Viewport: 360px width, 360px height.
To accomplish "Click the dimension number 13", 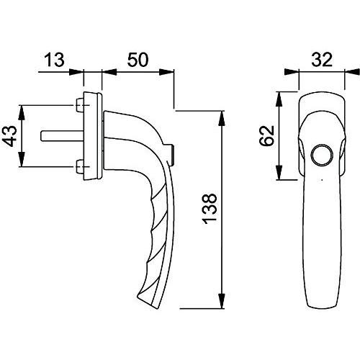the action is (54, 60).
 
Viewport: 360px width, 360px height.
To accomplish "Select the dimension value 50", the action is (138, 60).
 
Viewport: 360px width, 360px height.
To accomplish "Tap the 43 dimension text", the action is (11, 136).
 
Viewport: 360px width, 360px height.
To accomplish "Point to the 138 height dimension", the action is (210, 209).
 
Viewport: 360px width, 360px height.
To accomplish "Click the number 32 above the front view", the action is (322, 60).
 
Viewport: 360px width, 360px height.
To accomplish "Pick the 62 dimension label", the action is (266, 135).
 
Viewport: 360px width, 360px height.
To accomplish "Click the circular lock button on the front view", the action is (322, 155).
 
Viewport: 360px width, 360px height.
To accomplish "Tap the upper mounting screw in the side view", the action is (79, 105).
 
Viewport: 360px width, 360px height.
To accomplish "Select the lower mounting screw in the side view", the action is (79, 166).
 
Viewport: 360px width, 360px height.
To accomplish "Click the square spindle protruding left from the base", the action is (62, 136).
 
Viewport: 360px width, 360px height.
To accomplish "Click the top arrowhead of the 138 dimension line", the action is (222, 118).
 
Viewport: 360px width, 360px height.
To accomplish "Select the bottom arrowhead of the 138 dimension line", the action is (222, 301).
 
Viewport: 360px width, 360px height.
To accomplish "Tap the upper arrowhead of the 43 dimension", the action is (22, 112).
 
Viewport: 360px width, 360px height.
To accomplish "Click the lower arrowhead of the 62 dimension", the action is (279, 172).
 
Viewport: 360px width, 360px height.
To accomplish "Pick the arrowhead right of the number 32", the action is (352, 72).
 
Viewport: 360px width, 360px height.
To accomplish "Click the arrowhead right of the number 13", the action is (76, 72).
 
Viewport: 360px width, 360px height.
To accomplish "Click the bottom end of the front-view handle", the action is (322, 307).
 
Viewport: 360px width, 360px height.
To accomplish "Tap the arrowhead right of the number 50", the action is (166, 72).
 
